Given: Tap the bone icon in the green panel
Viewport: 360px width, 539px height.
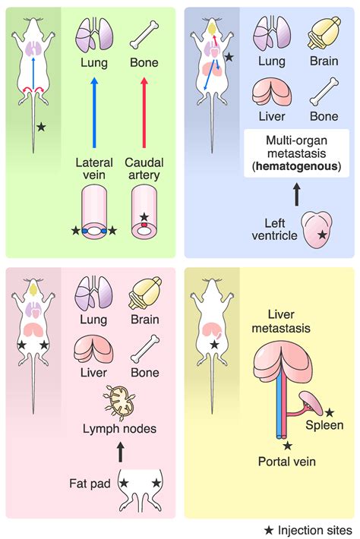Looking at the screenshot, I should point(144,35).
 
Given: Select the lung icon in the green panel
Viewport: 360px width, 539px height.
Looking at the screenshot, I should point(94,35).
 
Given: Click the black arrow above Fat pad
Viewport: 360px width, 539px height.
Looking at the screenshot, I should point(119,455).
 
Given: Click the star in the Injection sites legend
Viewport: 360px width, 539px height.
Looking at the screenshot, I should point(270,528).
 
